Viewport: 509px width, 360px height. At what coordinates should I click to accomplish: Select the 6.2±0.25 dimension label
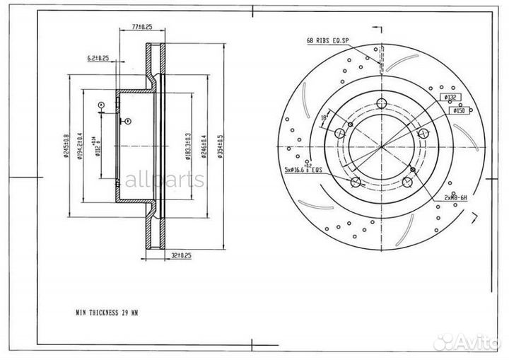pyautogui.click(x=98, y=57)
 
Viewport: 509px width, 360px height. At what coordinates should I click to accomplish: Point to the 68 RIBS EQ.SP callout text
pyautogui.click(x=329, y=41)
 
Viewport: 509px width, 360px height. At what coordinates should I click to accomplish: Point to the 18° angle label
pyautogui.click(x=324, y=117)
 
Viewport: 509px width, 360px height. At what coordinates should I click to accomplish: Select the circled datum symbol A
pyautogui.click(x=101, y=105)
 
